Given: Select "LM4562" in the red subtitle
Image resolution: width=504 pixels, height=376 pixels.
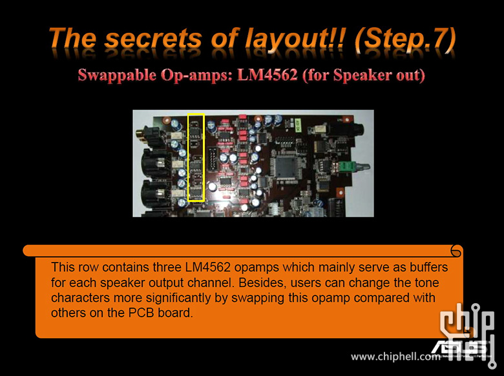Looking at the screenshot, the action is pyautogui.click(x=268, y=75).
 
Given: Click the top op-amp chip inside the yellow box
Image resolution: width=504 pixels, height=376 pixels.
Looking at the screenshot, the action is pyautogui.click(x=195, y=132).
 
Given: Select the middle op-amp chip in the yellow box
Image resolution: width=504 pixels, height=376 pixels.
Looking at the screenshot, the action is pyautogui.click(x=195, y=167).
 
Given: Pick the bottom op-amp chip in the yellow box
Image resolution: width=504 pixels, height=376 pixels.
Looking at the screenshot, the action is pyautogui.click(x=195, y=192).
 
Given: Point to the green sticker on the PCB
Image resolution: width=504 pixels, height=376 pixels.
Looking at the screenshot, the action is pyautogui.click(x=297, y=124).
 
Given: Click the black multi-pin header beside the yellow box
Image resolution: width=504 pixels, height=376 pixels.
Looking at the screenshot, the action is pyautogui.click(x=212, y=159).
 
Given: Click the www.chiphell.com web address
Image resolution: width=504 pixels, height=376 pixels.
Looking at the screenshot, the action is pyautogui.click(x=395, y=357).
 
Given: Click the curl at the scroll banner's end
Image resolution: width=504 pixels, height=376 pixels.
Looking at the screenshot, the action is pyautogui.click(x=456, y=251).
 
